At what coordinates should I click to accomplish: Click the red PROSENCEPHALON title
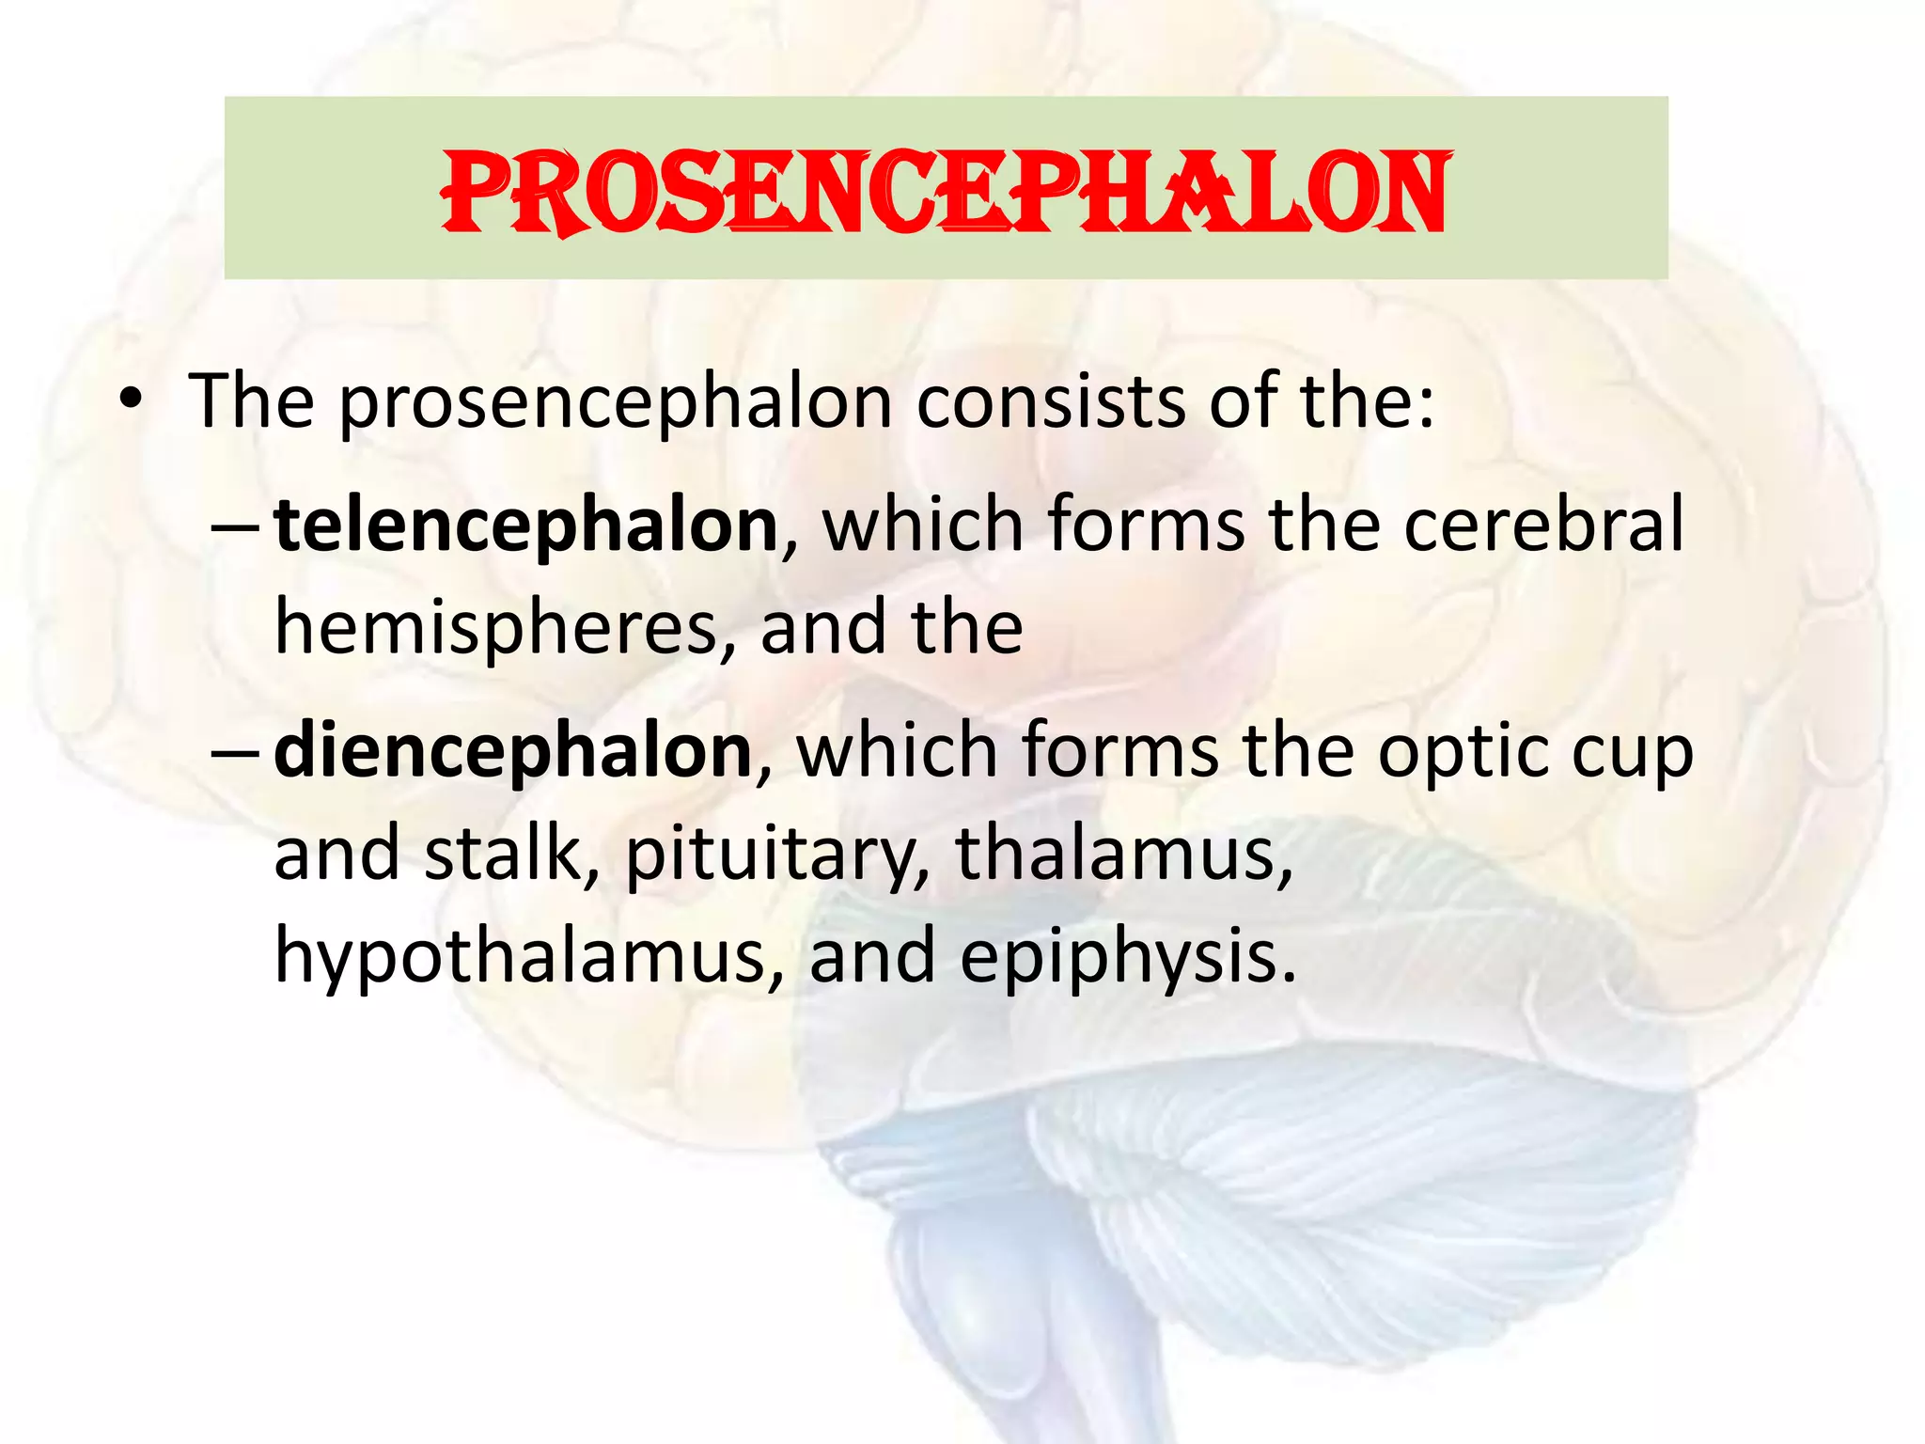point(946,193)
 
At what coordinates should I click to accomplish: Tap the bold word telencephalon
point(526,526)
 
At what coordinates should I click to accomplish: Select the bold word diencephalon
point(513,751)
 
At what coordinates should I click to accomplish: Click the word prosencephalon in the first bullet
point(616,402)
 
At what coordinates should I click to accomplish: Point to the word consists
point(1051,402)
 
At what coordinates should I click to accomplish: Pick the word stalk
point(504,854)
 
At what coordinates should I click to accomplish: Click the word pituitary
point(776,854)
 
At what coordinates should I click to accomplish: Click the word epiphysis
point(1126,956)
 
